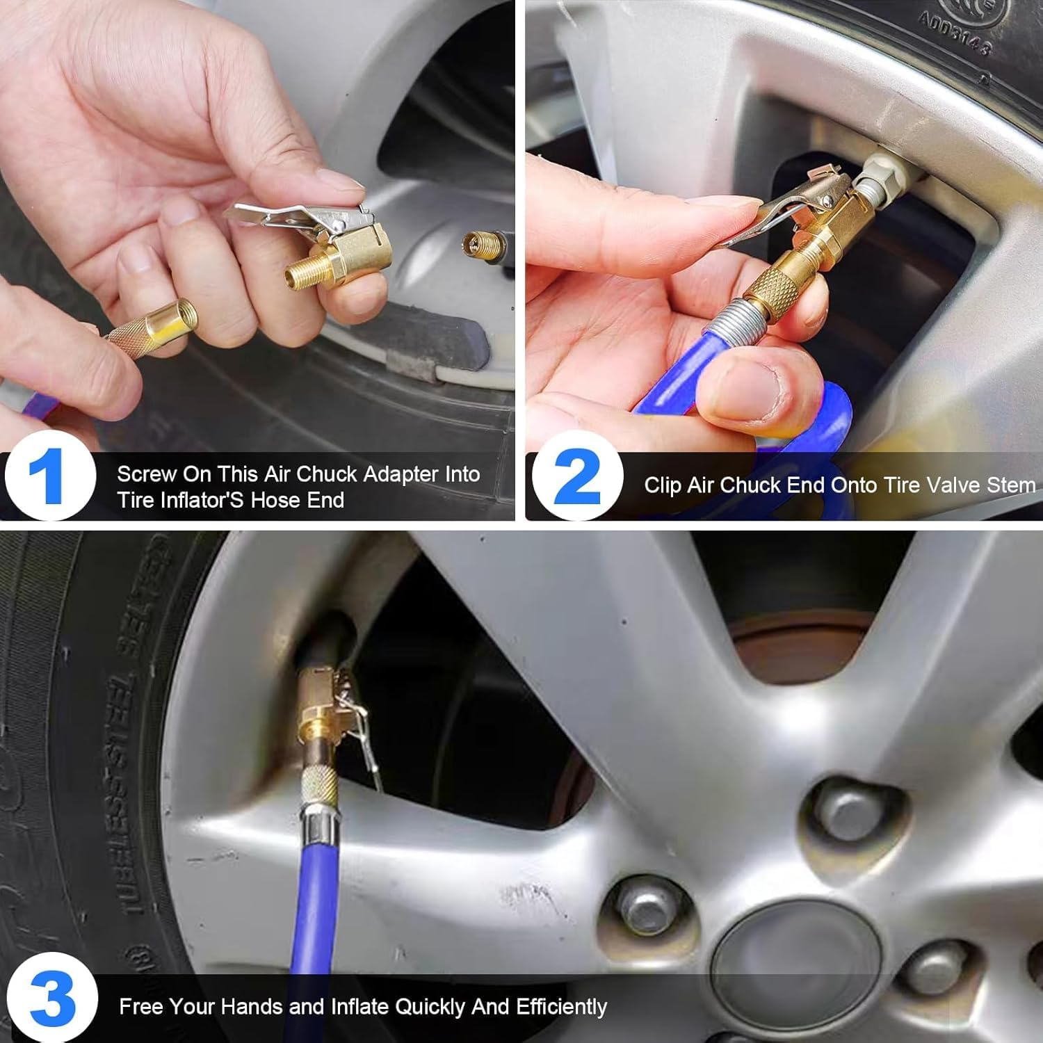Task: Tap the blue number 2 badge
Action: [x=578, y=476]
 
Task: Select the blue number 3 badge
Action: [x=53, y=998]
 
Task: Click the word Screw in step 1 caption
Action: [x=146, y=474]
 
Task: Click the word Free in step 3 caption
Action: [x=141, y=1007]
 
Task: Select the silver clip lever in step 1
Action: [x=278, y=216]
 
